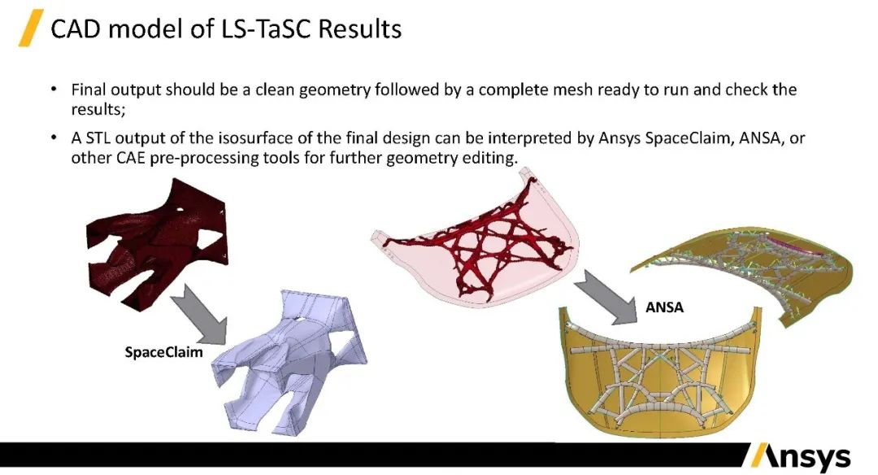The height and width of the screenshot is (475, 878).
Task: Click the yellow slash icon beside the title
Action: (x=31, y=29)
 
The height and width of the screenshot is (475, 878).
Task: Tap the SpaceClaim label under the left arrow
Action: (x=163, y=352)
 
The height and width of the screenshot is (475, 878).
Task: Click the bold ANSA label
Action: (x=664, y=307)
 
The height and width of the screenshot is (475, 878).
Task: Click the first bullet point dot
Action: (x=54, y=89)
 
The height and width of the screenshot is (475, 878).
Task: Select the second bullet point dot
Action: (x=54, y=139)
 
